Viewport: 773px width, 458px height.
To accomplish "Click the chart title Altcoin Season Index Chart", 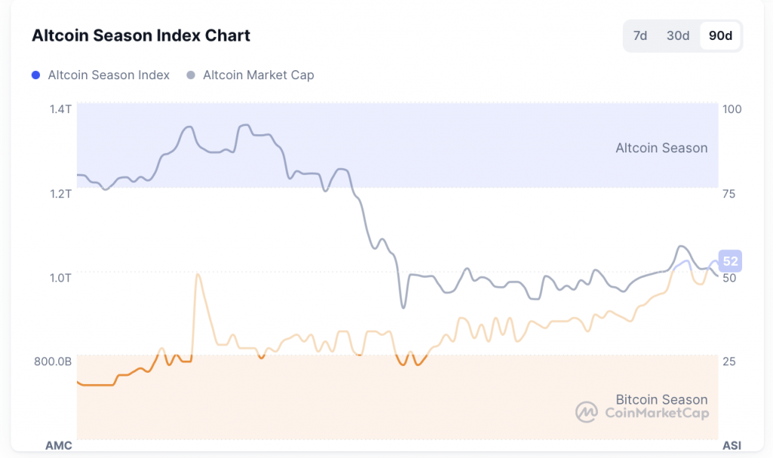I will tap(141, 35).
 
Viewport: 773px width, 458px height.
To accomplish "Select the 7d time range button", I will tap(640, 35).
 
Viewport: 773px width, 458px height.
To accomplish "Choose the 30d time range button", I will tap(677, 35).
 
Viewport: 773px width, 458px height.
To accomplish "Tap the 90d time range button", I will tap(721, 35).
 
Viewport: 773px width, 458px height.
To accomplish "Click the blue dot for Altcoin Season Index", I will tap(35, 75).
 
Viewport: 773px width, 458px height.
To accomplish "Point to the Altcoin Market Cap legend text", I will tap(258, 75).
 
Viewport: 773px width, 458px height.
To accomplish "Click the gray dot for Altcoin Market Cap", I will tap(191, 75).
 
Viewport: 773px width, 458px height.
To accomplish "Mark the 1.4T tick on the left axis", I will tap(60, 109).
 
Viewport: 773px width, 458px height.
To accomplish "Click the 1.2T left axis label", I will tap(60, 194).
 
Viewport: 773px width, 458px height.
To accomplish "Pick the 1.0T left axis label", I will tap(60, 278).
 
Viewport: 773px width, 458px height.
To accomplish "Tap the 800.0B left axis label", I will tap(53, 361).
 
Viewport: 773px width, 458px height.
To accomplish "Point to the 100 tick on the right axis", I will tap(732, 109).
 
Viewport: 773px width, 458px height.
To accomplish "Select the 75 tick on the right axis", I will tap(729, 194).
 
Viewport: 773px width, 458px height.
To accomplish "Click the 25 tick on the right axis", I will tap(729, 361).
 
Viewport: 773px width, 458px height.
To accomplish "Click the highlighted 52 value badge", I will tap(731, 262).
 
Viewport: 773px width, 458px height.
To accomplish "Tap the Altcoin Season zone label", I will tap(661, 148).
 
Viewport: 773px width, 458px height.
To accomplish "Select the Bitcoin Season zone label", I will tap(661, 399).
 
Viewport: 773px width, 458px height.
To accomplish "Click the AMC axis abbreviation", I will tap(59, 445).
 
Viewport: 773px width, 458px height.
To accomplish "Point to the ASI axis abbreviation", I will tap(732, 445).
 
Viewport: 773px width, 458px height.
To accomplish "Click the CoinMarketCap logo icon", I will tap(587, 412).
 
